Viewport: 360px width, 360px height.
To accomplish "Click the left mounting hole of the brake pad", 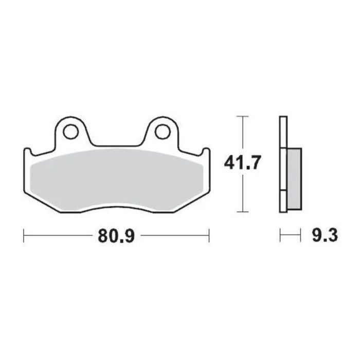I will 71,132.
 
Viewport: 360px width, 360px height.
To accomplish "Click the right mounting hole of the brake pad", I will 163,132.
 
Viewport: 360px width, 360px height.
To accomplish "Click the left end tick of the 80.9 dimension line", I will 24,236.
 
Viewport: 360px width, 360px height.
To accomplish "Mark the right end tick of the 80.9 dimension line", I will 209,236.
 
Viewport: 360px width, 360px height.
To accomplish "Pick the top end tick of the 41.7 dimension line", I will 242,117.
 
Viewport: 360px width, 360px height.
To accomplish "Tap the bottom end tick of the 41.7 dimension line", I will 242,211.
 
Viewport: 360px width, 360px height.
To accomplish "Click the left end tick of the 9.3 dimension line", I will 280,236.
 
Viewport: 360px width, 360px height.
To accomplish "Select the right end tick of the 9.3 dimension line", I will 300,236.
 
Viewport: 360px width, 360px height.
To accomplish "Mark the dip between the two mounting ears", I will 117,145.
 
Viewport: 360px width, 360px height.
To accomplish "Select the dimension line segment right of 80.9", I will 175,236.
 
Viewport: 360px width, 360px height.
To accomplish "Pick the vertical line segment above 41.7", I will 242,134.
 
